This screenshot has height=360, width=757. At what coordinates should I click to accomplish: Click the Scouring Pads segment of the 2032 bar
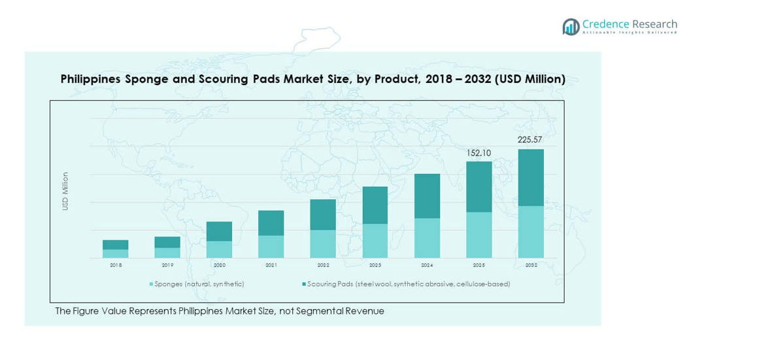531,177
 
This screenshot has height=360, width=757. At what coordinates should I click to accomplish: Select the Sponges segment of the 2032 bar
531,231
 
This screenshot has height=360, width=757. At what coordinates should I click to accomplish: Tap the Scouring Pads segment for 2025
479,186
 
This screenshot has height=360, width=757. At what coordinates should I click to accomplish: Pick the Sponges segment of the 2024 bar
427,238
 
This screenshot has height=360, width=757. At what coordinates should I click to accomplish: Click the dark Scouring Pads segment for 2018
115,244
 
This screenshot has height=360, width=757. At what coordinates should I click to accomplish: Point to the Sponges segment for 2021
271,246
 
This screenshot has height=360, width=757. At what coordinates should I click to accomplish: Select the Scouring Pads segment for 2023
375,205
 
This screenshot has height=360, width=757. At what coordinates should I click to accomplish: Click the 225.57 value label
530,140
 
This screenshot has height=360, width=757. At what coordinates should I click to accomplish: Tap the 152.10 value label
479,153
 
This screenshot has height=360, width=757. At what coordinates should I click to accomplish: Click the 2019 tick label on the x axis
167,265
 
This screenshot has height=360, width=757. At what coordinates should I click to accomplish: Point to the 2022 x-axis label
323,265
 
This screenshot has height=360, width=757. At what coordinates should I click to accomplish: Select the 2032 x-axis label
531,265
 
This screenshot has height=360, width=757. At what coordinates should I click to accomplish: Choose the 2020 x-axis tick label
219,265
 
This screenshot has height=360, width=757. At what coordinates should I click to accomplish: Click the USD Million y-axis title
65,191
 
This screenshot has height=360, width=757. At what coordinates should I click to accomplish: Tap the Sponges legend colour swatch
152,284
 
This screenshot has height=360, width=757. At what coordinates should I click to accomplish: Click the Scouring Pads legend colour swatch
303,284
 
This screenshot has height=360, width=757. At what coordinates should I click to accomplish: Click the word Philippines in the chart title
90,79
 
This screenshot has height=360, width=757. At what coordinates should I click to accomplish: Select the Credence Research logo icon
571,27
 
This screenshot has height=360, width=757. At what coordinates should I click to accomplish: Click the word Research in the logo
654,24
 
